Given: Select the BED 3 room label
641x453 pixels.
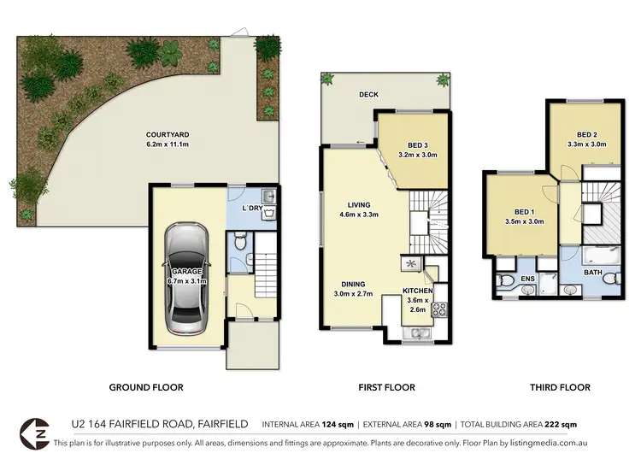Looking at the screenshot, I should [418, 144].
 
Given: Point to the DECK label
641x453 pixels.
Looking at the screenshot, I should [368, 95].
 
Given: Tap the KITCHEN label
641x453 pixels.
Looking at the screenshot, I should [418, 291].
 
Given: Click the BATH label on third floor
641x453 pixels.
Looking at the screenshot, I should [591, 274].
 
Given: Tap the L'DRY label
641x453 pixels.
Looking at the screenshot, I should [251, 209].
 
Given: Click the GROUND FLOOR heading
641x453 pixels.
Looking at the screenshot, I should [146, 387].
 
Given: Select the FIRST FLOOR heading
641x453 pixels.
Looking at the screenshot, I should [386, 387].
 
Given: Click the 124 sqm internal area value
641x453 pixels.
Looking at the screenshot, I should [339, 424].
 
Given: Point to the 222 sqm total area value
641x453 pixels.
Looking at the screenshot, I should [566, 424].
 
